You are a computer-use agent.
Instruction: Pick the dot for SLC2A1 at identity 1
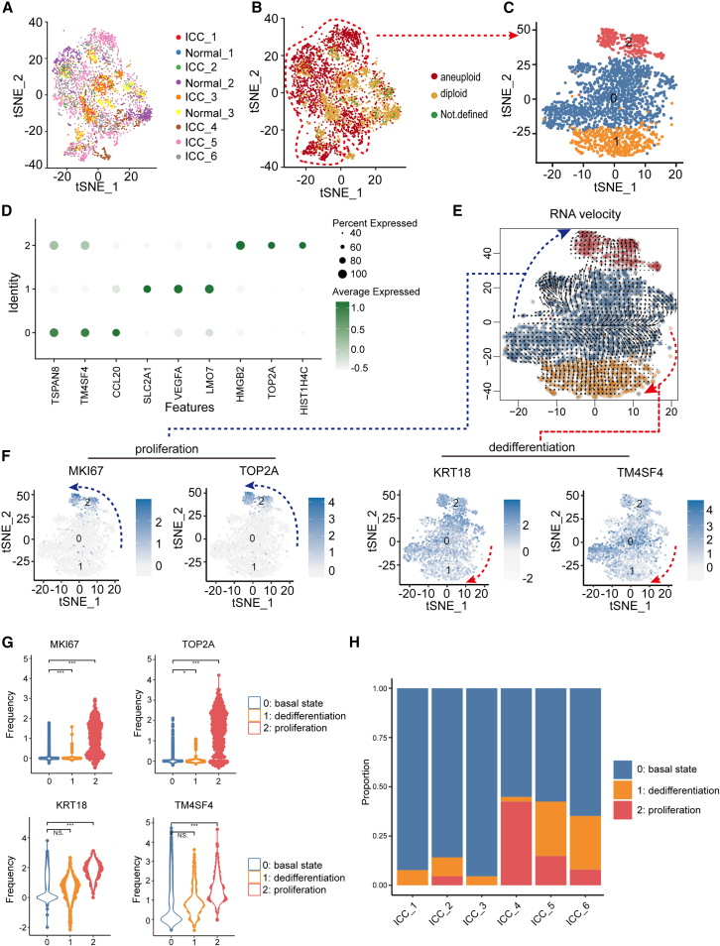click(x=148, y=290)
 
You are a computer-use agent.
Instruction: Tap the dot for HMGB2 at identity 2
click(x=239, y=246)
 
